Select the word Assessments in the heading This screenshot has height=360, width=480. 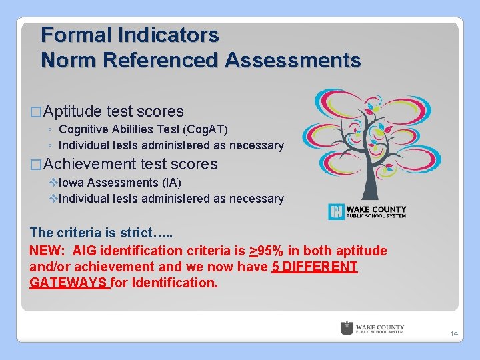point(293,60)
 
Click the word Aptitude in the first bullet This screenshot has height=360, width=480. point(73,111)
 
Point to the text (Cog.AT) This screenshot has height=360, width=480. point(203,129)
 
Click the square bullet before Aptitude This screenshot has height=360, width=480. point(36,112)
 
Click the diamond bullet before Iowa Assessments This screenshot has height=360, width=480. point(54,183)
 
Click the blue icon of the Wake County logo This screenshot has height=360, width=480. point(336,212)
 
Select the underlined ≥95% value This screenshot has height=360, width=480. point(267,251)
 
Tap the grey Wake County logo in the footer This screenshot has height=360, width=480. point(372,328)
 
